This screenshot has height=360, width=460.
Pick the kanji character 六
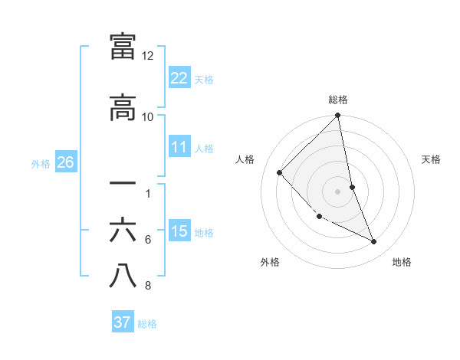click(123, 231)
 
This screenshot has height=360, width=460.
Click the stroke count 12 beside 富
click(148, 56)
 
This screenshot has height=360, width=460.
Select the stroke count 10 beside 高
click(148, 116)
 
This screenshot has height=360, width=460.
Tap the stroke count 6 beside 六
click(148, 240)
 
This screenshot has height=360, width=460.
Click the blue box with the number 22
click(179, 77)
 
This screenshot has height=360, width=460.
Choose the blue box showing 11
click(179, 147)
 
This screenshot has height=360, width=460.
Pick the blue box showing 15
click(179, 231)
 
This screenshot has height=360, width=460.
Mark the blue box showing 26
click(65, 162)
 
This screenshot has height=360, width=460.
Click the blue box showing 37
click(123, 322)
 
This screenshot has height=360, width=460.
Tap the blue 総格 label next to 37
click(148, 324)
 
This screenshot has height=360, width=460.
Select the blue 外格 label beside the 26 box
click(41, 163)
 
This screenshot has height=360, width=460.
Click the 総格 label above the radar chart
click(338, 100)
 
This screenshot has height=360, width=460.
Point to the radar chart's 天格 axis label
click(431, 159)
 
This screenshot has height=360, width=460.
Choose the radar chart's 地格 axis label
click(402, 262)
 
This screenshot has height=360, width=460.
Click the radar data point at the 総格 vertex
click(338, 116)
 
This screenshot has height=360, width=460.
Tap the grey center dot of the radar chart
click(338, 191)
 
